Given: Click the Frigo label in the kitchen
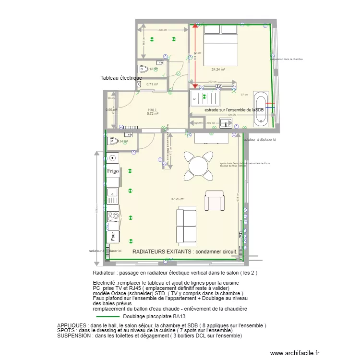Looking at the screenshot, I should [x=113, y=171].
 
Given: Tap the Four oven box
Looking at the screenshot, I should [x=112, y=236].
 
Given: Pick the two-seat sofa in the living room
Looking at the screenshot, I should [x=186, y=223].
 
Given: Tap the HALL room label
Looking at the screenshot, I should [x=152, y=110].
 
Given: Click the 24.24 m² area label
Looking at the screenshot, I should [x=218, y=70].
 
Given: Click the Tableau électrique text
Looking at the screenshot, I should [x=121, y=78].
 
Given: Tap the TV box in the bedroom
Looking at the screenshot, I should [x=212, y=86].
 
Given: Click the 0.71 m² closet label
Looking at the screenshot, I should [x=152, y=84].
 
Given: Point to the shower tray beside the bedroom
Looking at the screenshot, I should [x=205, y=99].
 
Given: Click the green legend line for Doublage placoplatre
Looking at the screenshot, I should [x=108, y=317].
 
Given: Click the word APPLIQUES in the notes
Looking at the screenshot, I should [x=73, y=325].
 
